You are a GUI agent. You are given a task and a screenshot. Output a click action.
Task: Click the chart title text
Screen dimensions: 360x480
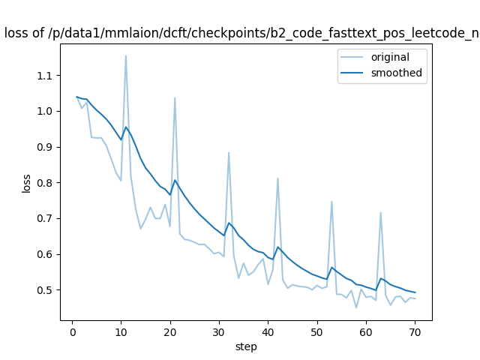(x=240, y=32)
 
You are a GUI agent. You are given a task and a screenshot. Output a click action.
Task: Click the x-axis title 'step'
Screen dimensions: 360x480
(x=246, y=346)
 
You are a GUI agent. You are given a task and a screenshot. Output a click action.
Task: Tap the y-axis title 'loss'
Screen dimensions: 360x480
(x=26, y=183)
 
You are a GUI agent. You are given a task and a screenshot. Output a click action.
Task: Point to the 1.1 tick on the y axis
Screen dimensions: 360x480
(x=46, y=76)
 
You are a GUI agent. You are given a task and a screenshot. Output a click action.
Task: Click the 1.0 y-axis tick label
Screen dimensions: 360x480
(x=46, y=111)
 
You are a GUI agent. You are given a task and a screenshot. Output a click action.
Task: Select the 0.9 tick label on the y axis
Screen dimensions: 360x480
(x=46, y=147)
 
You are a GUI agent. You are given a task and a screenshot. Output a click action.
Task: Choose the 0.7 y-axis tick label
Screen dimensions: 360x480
(x=46, y=218)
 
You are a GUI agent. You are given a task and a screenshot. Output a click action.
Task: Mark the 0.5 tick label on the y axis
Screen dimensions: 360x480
(x=46, y=290)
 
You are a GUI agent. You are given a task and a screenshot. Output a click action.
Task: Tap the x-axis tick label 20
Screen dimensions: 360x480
(x=169, y=331)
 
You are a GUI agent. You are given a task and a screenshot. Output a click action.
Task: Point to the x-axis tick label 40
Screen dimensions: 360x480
(x=268, y=331)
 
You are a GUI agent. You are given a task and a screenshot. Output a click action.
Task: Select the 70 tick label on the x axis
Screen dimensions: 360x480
(x=415, y=331)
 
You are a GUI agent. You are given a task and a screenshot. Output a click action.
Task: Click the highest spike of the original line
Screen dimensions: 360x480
(x=125, y=55)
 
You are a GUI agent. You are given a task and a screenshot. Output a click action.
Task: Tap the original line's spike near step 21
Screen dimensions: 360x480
(x=175, y=97)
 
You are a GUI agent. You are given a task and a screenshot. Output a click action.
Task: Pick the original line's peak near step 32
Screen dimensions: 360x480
(x=229, y=152)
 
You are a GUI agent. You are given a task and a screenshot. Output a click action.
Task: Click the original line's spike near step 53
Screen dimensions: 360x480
(x=331, y=201)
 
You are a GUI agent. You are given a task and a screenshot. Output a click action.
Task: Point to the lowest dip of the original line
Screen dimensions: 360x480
(x=356, y=307)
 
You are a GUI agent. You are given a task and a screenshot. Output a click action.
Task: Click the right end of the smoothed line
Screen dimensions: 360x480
(x=415, y=292)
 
